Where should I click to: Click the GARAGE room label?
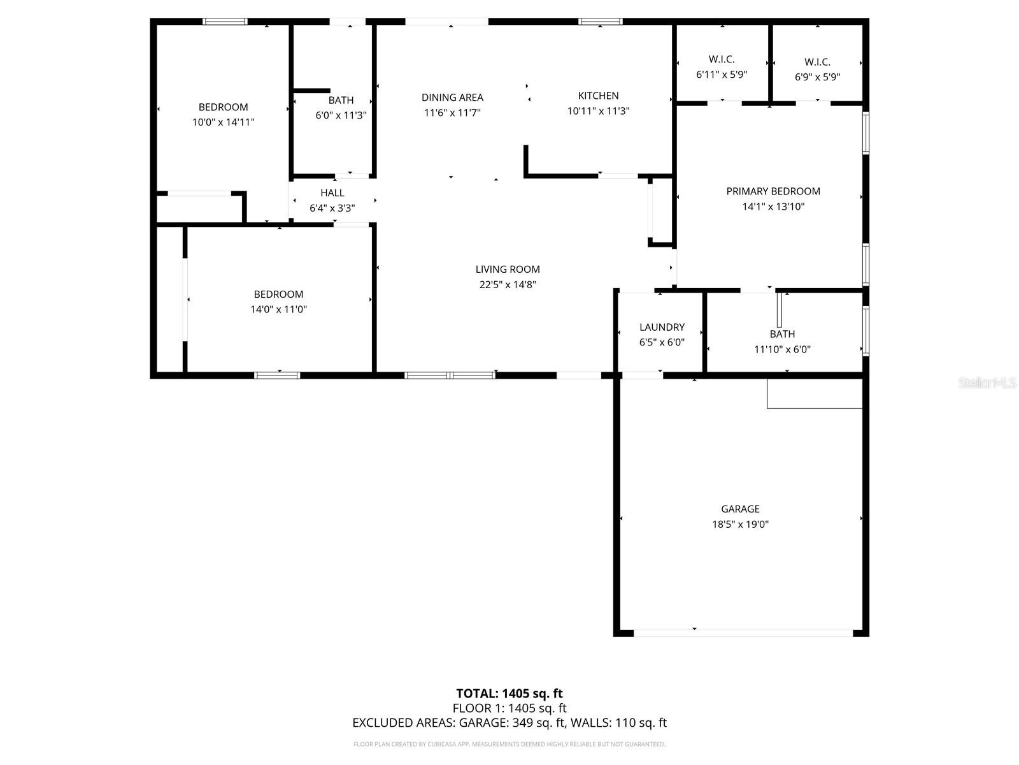click(740, 509)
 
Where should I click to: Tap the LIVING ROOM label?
click(508, 269)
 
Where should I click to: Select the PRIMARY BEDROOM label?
click(773, 191)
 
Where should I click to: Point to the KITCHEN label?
click(598, 96)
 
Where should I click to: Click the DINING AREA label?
click(452, 98)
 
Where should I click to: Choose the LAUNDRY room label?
click(662, 327)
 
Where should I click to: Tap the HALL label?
click(332, 193)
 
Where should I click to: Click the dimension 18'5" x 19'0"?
click(740, 525)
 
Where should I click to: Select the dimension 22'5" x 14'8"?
click(508, 285)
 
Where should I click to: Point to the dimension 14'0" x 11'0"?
click(278, 310)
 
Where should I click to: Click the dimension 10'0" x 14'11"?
click(223, 122)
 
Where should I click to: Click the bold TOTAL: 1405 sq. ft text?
click(509, 694)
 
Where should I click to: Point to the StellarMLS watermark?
click(987, 382)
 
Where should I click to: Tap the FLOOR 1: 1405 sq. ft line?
click(509, 708)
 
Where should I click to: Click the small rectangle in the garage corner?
click(815, 393)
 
